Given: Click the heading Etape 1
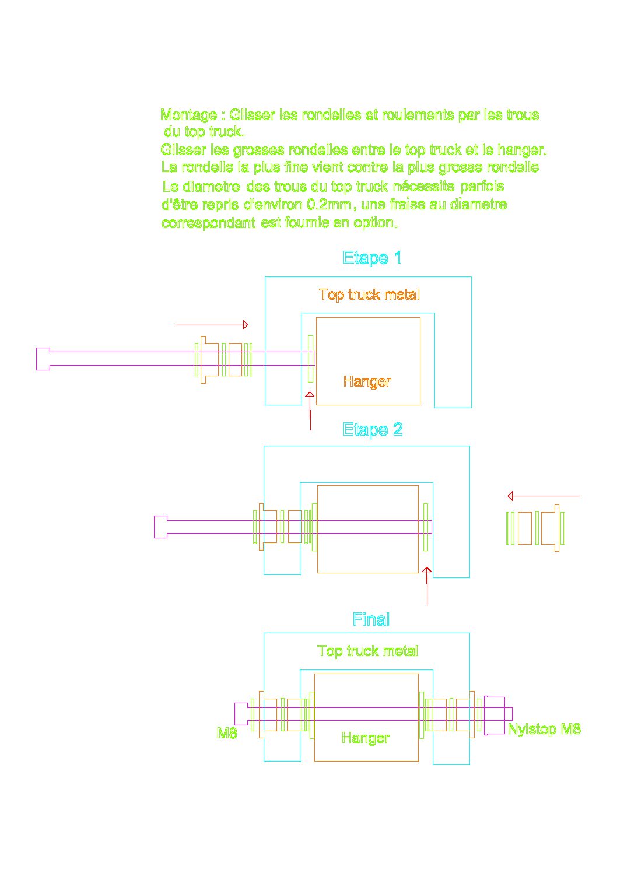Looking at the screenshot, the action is (372, 258).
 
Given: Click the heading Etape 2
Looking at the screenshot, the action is (372, 430).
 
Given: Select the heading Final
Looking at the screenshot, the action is (371, 619).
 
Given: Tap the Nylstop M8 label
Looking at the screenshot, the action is (544, 729).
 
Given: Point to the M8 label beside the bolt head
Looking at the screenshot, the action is (227, 733).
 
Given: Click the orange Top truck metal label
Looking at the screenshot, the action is (369, 294).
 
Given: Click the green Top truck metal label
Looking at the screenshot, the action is (367, 651).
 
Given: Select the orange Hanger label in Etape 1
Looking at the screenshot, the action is (367, 381).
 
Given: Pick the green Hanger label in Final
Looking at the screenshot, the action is (366, 738).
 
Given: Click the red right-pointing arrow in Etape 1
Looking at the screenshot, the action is (212, 325).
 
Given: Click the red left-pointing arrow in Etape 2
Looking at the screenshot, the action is (544, 496).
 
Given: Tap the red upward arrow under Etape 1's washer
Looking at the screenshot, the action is (310, 411).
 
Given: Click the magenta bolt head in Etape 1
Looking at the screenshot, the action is (43, 359).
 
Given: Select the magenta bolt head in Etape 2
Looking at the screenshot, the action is (160, 527).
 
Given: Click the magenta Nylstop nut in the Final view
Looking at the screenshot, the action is (494, 716).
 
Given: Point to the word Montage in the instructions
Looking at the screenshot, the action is (188, 115).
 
